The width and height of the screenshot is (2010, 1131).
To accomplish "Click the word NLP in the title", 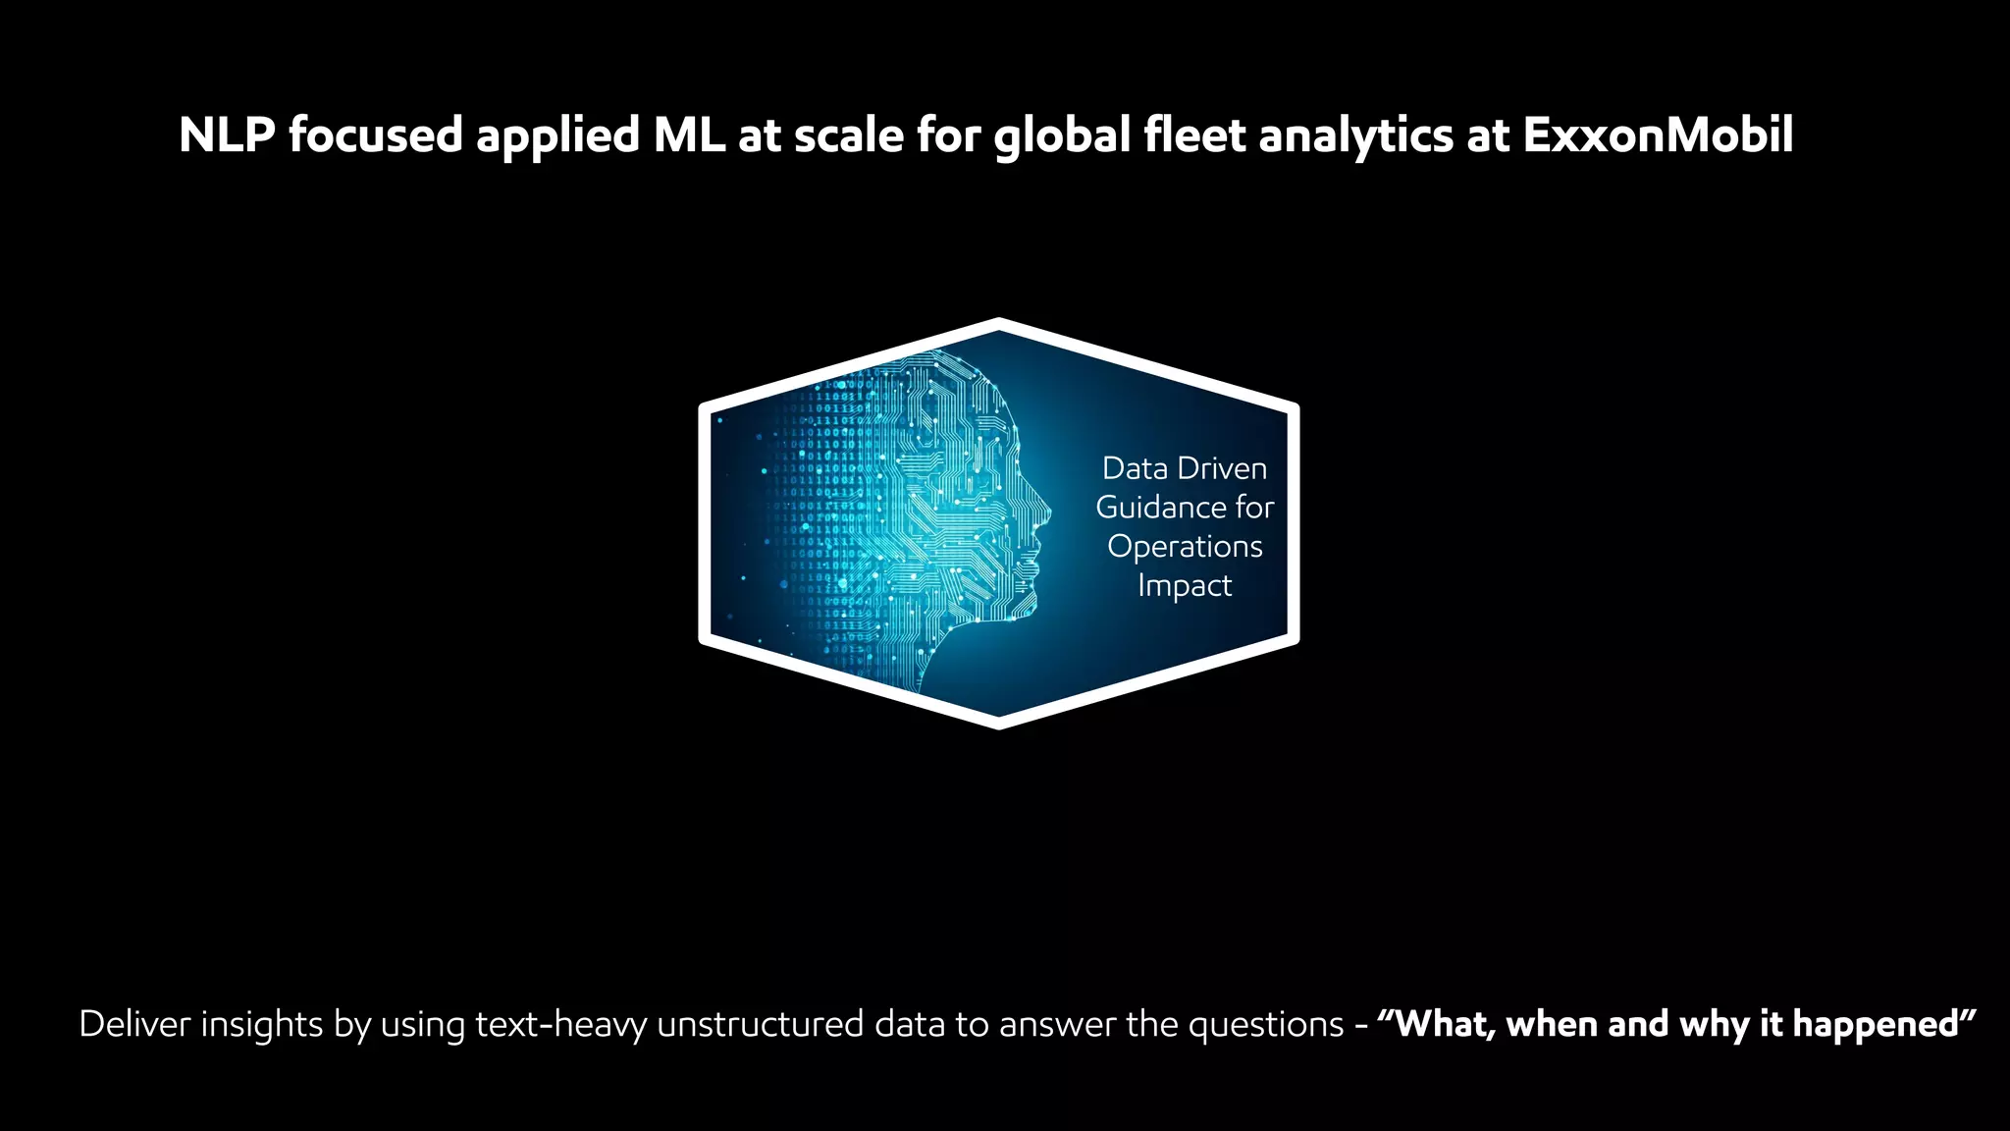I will (x=226, y=135).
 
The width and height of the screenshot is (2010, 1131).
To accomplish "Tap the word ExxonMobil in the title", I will (x=1658, y=135).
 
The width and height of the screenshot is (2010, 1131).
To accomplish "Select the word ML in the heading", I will (x=689, y=135).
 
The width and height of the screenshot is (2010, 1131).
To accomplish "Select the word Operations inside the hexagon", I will (x=1185, y=547).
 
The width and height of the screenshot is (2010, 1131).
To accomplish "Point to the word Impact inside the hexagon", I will (x=1185, y=586).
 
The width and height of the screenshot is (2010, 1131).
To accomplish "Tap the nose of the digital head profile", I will (x=1047, y=512).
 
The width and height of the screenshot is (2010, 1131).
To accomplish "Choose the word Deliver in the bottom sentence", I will (x=134, y=1024).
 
